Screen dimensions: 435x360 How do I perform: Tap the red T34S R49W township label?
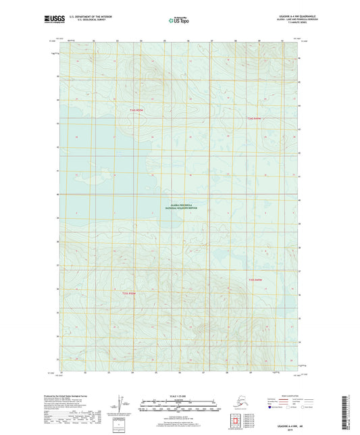point(253,119)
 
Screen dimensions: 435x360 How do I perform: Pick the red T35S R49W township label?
point(254,280)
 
